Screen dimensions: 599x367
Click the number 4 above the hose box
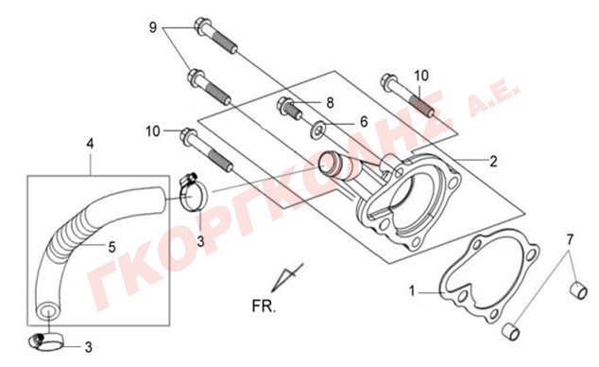[x=90, y=144]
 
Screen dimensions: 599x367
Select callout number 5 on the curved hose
[x=111, y=247]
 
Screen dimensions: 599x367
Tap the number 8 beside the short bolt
[x=330, y=103]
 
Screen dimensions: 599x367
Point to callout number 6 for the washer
[x=364, y=122]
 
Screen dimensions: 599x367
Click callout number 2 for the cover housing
[x=493, y=162]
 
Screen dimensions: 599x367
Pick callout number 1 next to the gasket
[x=412, y=291]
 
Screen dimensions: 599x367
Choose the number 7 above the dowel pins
[x=570, y=240]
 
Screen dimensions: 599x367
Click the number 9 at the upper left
[x=153, y=27]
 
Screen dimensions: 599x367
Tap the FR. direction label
[x=264, y=306]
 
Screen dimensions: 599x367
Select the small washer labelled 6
[x=317, y=130]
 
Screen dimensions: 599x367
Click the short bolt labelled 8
[x=289, y=108]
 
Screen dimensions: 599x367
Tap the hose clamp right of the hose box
[x=193, y=194]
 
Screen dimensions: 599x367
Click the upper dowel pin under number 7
[x=578, y=291]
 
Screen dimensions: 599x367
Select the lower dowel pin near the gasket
[x=511, y=331]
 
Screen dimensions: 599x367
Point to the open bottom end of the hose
[x=48, y=310]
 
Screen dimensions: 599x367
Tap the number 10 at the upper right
[x=421, y=76]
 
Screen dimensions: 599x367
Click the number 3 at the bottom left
[x=88, y=347]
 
